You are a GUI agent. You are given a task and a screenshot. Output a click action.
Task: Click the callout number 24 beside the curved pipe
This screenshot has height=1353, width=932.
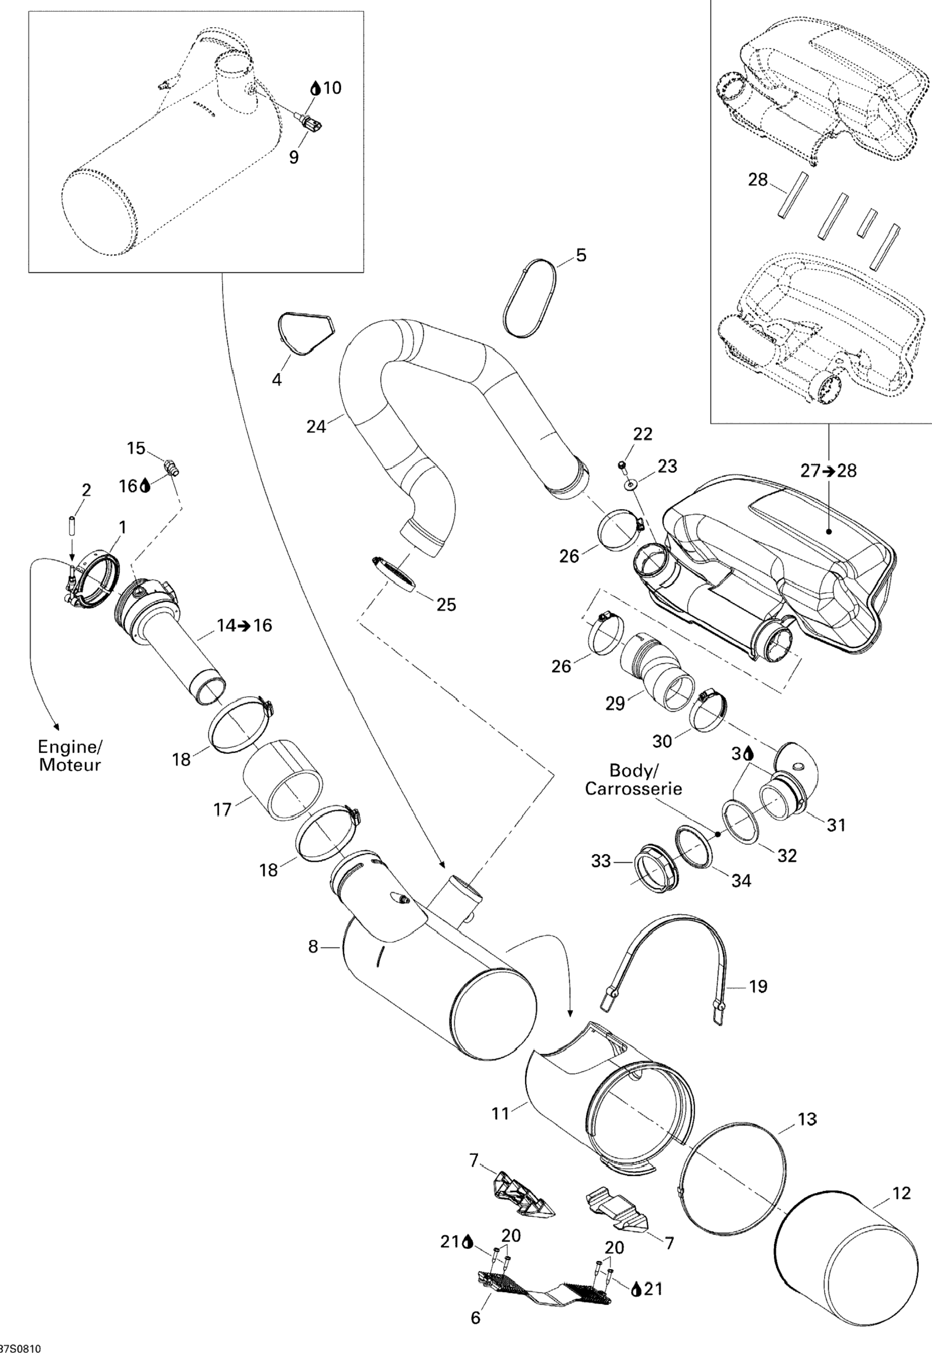tap(316, 427)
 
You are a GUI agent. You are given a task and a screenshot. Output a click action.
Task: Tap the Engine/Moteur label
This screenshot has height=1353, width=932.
tap(70, 756)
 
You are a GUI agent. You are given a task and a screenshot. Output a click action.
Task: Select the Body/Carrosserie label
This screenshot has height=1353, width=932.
tap(634, 779)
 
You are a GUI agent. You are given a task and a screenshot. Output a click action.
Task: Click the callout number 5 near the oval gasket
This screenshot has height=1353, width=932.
tap(580, 255)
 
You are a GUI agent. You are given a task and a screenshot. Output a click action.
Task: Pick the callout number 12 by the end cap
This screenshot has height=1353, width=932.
tap(902, 1193)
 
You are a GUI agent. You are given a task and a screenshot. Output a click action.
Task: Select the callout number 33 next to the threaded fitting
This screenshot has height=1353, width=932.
tap(601, 861)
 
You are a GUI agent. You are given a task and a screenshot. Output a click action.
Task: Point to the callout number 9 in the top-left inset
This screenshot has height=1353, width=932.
tap(294, 157)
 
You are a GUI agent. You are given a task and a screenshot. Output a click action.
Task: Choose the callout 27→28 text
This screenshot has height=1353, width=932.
tap(828, 471)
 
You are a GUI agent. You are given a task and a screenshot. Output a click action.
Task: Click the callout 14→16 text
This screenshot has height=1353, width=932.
tap(245, 625)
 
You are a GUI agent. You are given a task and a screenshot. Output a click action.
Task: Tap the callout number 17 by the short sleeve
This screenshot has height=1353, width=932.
tap(222, 809)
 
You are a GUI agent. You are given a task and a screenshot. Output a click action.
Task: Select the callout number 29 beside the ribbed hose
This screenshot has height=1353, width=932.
tap(615, 704)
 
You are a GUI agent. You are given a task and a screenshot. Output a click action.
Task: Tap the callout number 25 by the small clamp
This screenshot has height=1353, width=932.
tap(446, 604)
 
